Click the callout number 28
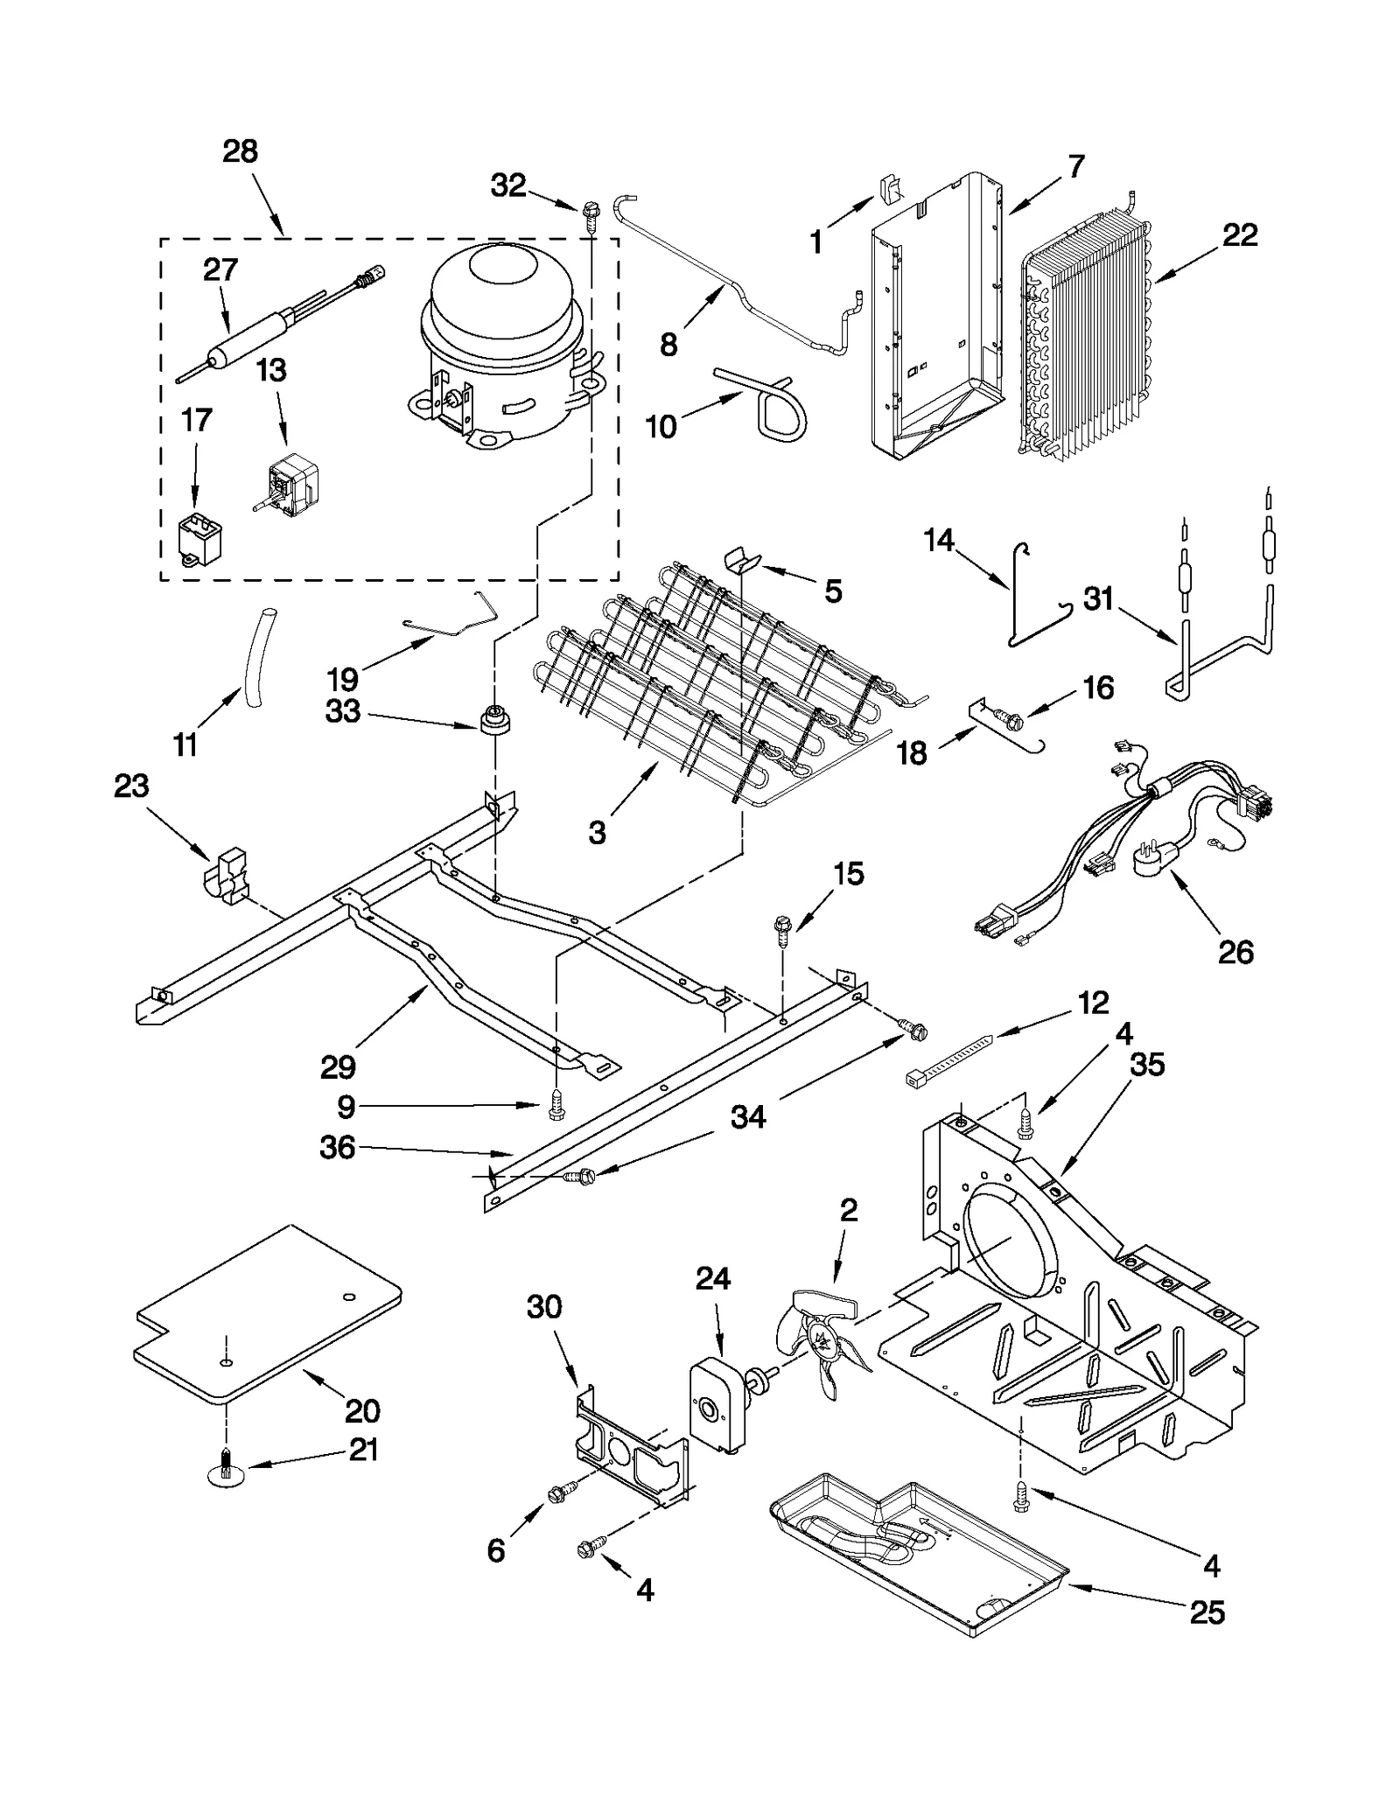coord(240,151)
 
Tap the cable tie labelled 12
coord(950,1059)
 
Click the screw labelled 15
coord(783,929)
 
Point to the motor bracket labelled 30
coord(630,1451)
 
